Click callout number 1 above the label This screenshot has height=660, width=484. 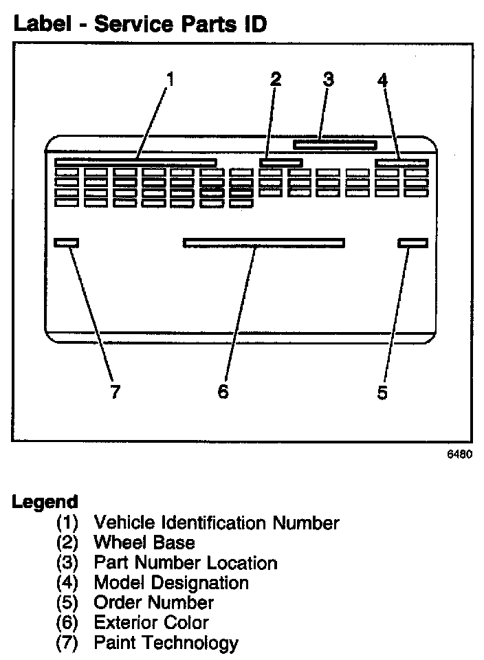point(170,79)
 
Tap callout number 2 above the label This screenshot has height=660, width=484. point(276,79)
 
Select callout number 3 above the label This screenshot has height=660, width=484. point(329,79)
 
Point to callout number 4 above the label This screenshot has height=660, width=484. point(382,80)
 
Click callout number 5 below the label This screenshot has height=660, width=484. point(382,393)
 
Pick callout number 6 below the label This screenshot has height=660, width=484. point(222,392)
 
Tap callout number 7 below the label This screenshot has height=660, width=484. point(115,393)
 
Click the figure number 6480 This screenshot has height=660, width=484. point(461,454)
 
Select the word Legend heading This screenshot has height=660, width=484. point(45,502)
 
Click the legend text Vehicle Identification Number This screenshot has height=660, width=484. point(216,523)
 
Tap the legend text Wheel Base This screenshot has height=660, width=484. point(144,543)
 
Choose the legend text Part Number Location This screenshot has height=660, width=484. point(185,563)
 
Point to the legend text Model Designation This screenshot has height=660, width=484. point(170,583)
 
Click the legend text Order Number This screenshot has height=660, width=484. point(153,603)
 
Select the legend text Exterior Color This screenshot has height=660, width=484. point(151,623)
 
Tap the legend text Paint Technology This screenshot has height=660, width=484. point(166,643)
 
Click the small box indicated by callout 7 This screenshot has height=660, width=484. point(67,242)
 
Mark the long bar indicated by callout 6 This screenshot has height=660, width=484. point(264,242)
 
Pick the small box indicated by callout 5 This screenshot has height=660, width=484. point(412,242)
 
